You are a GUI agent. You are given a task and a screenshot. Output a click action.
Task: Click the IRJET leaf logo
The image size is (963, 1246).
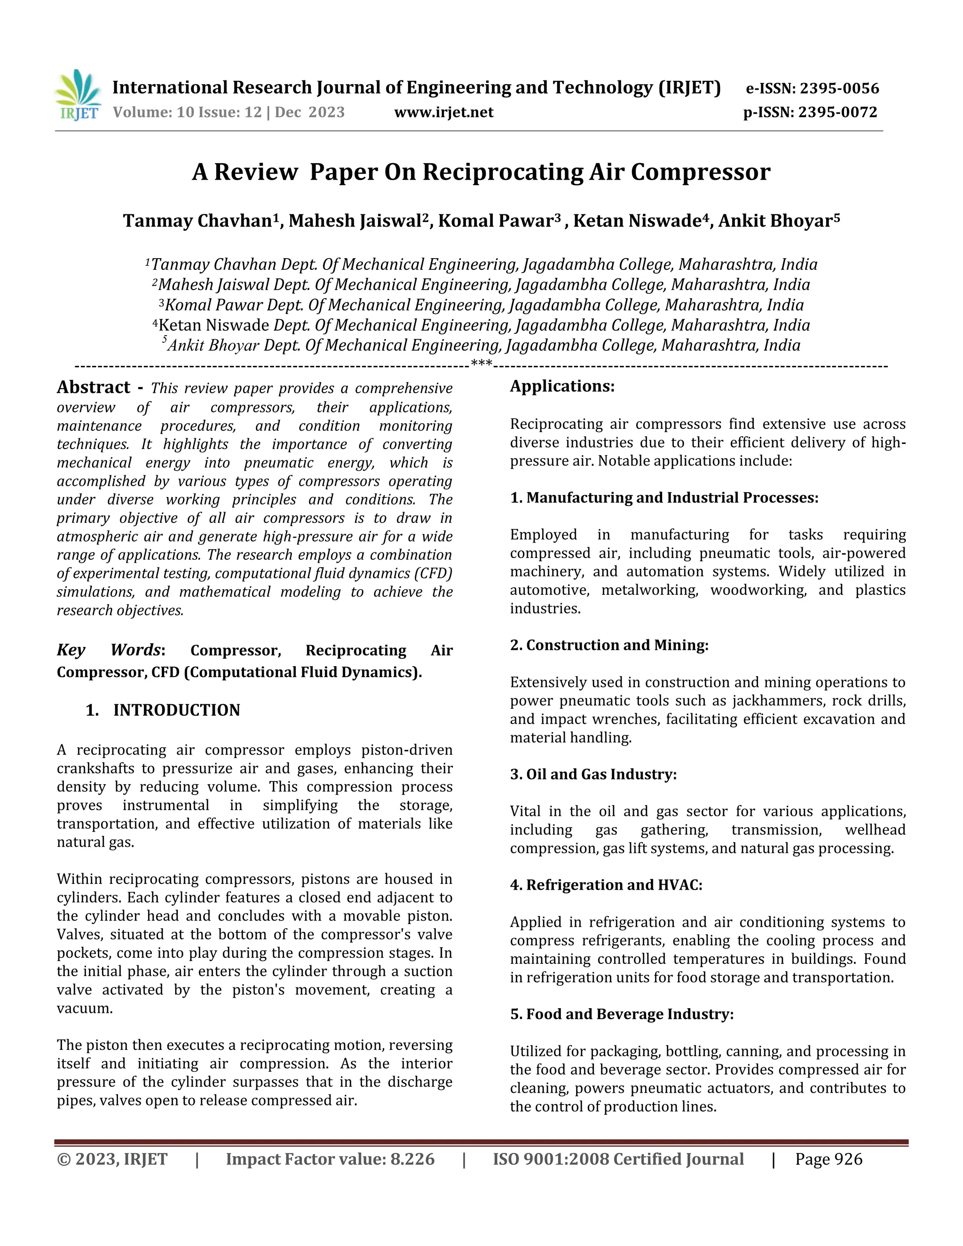click(78, 94)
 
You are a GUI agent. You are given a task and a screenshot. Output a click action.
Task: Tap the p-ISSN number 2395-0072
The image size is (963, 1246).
click(837, 112)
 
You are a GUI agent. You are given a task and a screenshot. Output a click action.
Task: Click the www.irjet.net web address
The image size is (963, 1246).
click(443, 112)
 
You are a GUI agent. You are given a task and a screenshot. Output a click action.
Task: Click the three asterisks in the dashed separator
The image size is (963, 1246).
click(481, 363)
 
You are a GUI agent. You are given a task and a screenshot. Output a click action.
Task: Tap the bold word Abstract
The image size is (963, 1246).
click(94, 387)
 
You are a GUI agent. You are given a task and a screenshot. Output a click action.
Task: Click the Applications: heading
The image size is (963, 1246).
click(562, 386)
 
